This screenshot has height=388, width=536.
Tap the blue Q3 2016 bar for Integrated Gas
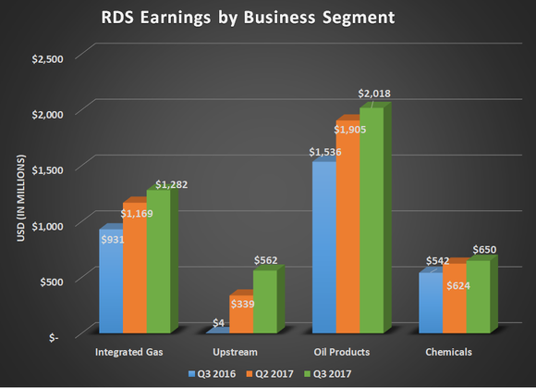pos(110,282)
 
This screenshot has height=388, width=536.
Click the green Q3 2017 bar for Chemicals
pos(478,296)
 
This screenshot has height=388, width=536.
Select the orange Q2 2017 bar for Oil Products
pos(347,227)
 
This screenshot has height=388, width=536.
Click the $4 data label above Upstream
pos(218,323)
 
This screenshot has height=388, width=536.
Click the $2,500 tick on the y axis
pos(47,58)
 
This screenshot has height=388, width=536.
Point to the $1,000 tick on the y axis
pos(47,225)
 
